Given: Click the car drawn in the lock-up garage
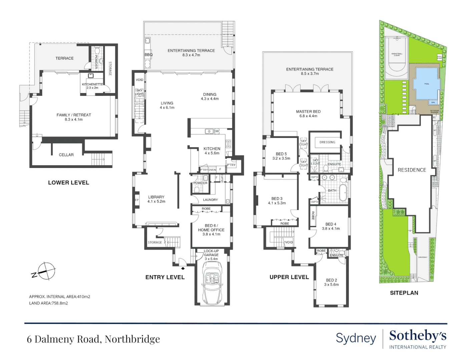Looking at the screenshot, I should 211,282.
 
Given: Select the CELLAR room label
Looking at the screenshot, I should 66,155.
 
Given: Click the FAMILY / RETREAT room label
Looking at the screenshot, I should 74,115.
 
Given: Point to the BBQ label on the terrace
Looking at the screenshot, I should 148,55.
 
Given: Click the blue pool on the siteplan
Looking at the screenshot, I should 426,84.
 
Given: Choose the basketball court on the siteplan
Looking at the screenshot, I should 397,58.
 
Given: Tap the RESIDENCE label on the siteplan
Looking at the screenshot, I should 412,170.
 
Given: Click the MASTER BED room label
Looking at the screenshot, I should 308,112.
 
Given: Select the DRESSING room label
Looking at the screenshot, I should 327,142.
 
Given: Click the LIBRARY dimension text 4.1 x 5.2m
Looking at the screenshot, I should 156,201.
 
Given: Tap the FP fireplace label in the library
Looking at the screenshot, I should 136,200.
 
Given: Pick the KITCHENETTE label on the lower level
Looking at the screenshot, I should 92,84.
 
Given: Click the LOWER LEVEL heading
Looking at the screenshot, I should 68,183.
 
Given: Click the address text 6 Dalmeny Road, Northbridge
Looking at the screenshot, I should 93,339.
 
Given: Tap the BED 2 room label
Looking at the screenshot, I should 331,280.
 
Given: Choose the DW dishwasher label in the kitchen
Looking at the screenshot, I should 216,131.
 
